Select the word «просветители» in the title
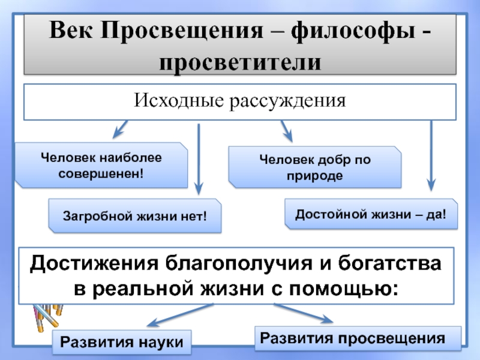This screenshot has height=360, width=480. point(240,62)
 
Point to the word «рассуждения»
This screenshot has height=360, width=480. point(288,101)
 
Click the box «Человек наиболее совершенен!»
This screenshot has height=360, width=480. point(101,166)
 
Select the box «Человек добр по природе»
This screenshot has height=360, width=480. point(314,167)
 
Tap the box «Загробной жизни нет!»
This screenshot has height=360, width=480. point(134,216)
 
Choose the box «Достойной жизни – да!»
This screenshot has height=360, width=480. point(371,214)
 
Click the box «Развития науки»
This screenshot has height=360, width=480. point(122,342)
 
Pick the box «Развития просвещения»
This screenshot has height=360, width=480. point(358,338)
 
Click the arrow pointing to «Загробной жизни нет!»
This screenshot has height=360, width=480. point(199,159)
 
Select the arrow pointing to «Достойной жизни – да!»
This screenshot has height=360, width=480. point(431,156)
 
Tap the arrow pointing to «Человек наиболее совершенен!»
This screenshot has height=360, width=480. point(121,129)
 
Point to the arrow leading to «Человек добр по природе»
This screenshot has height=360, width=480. point(287,131)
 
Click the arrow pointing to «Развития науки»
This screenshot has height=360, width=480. point(180,315)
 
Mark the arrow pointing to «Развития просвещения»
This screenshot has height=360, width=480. point(304,313)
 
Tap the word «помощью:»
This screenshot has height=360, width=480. point(344,289)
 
